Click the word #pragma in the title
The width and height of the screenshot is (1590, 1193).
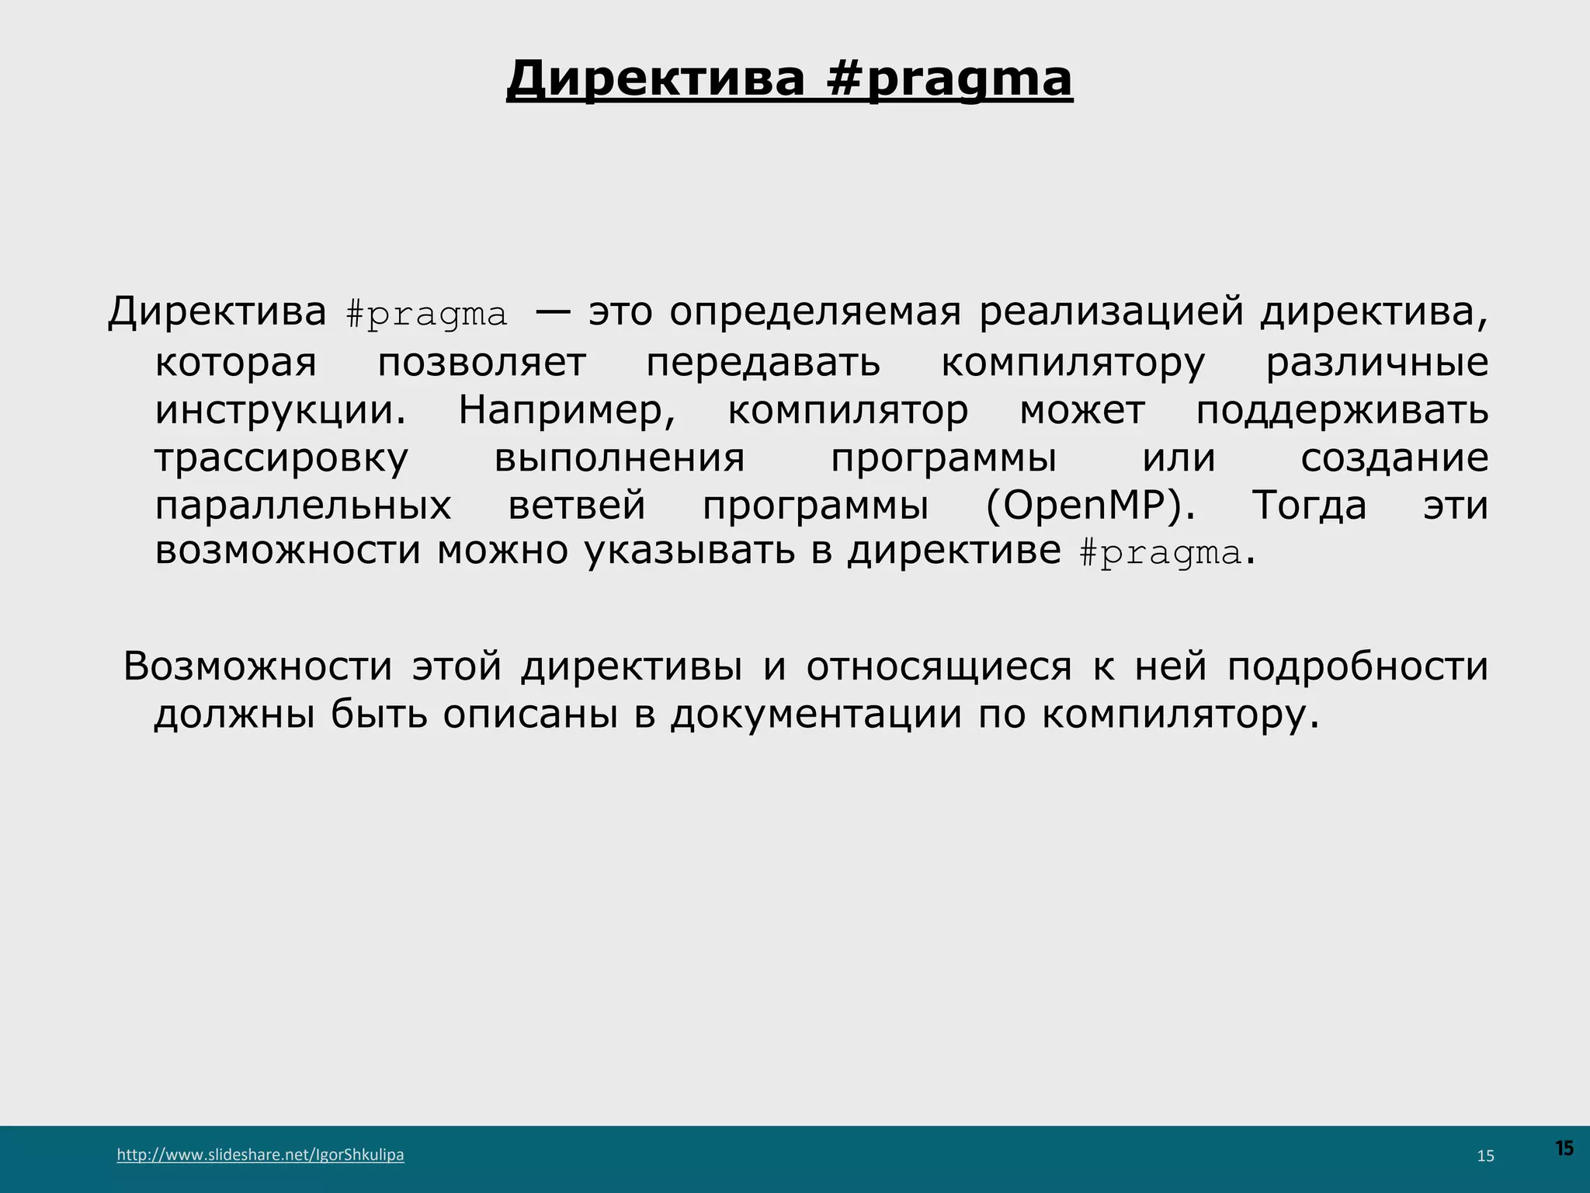949,79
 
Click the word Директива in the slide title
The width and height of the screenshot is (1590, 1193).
656,79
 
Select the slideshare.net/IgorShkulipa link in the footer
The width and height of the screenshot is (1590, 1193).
260,1154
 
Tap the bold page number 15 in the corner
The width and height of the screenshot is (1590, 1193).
1564,1148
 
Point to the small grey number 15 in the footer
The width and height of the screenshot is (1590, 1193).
1485,1156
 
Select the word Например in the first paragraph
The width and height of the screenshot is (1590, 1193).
567,410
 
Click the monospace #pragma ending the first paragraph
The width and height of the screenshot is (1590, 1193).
1161,553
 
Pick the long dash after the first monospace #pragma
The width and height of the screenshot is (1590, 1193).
553,313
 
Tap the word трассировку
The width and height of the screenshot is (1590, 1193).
281,458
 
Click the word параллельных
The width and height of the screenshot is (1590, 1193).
303,506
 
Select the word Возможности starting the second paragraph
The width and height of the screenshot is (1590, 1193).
258,666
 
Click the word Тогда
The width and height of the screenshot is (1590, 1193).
1309,506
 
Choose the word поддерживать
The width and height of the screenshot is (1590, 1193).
1342,410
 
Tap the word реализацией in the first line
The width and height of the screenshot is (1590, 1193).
1111,313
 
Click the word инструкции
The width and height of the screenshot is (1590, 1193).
280,410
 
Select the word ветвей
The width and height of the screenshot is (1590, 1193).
577,506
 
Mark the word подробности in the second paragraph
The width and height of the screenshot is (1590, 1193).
1357,666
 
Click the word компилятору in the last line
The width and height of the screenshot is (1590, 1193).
1180,715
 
